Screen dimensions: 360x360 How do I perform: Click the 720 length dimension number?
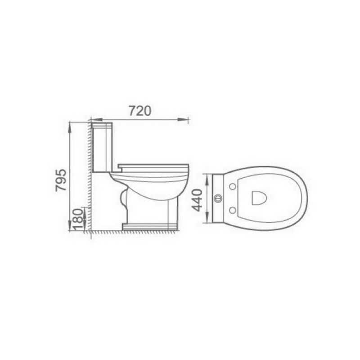click(140, 111)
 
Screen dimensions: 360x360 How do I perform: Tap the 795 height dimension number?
click(61, 180)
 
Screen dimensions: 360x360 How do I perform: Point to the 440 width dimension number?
click(197, 200)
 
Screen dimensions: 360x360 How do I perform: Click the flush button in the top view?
click(218, 198)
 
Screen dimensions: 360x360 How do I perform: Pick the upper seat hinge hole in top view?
click(233, 187)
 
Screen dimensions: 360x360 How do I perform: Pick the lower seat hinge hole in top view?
click(233, 210)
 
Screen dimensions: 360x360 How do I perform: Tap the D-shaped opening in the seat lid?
click(260, 198)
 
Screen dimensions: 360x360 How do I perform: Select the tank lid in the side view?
click(102, 126)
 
